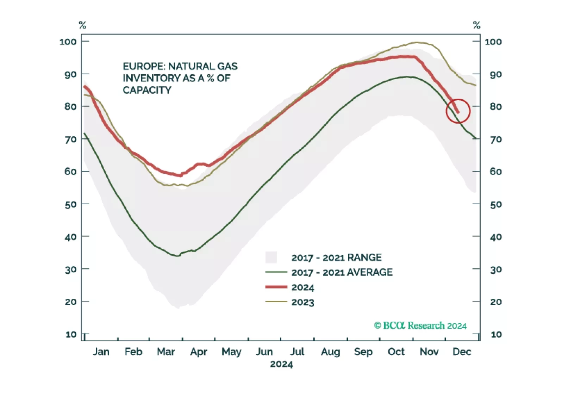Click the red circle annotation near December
coord(458,111)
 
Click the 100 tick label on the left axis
coord(68,42)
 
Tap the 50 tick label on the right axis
coord(496,204)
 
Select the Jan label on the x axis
coord(101,352)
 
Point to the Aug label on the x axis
coord(330,352)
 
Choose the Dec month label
coord(462,352)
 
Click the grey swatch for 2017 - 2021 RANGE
coord(271,257)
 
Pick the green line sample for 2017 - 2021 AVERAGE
coord(276,272)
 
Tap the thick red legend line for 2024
coord(276,287)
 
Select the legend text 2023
coord(302,302)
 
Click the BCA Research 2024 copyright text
coord(420,325)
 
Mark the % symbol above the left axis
coord(82,25)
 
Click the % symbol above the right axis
coord(476,25)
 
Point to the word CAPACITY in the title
coord(147,90)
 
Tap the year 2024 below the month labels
coord(281,364)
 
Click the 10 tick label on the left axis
coord(71,334)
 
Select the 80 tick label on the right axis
coord(496,106)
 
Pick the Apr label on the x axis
coord(199,352)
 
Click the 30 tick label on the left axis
coord(71,269)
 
